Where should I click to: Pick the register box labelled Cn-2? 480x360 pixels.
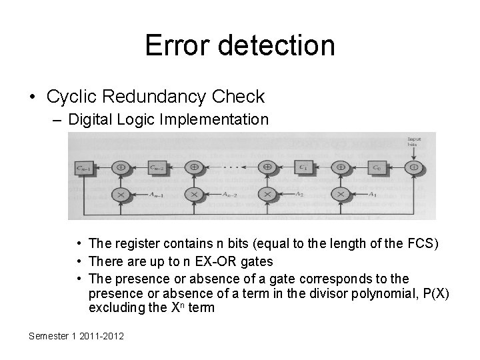tap(158, 167)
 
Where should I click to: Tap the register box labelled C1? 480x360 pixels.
tap(303, 167)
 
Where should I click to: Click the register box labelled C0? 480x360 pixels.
tap(377, 167)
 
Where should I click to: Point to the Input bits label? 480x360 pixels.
tap(413, 141)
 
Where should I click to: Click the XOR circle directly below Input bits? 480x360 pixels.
tap(413, 167)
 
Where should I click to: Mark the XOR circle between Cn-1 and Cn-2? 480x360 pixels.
tap(122, 167)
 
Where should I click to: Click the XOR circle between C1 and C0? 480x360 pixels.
tap(341, 167)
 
